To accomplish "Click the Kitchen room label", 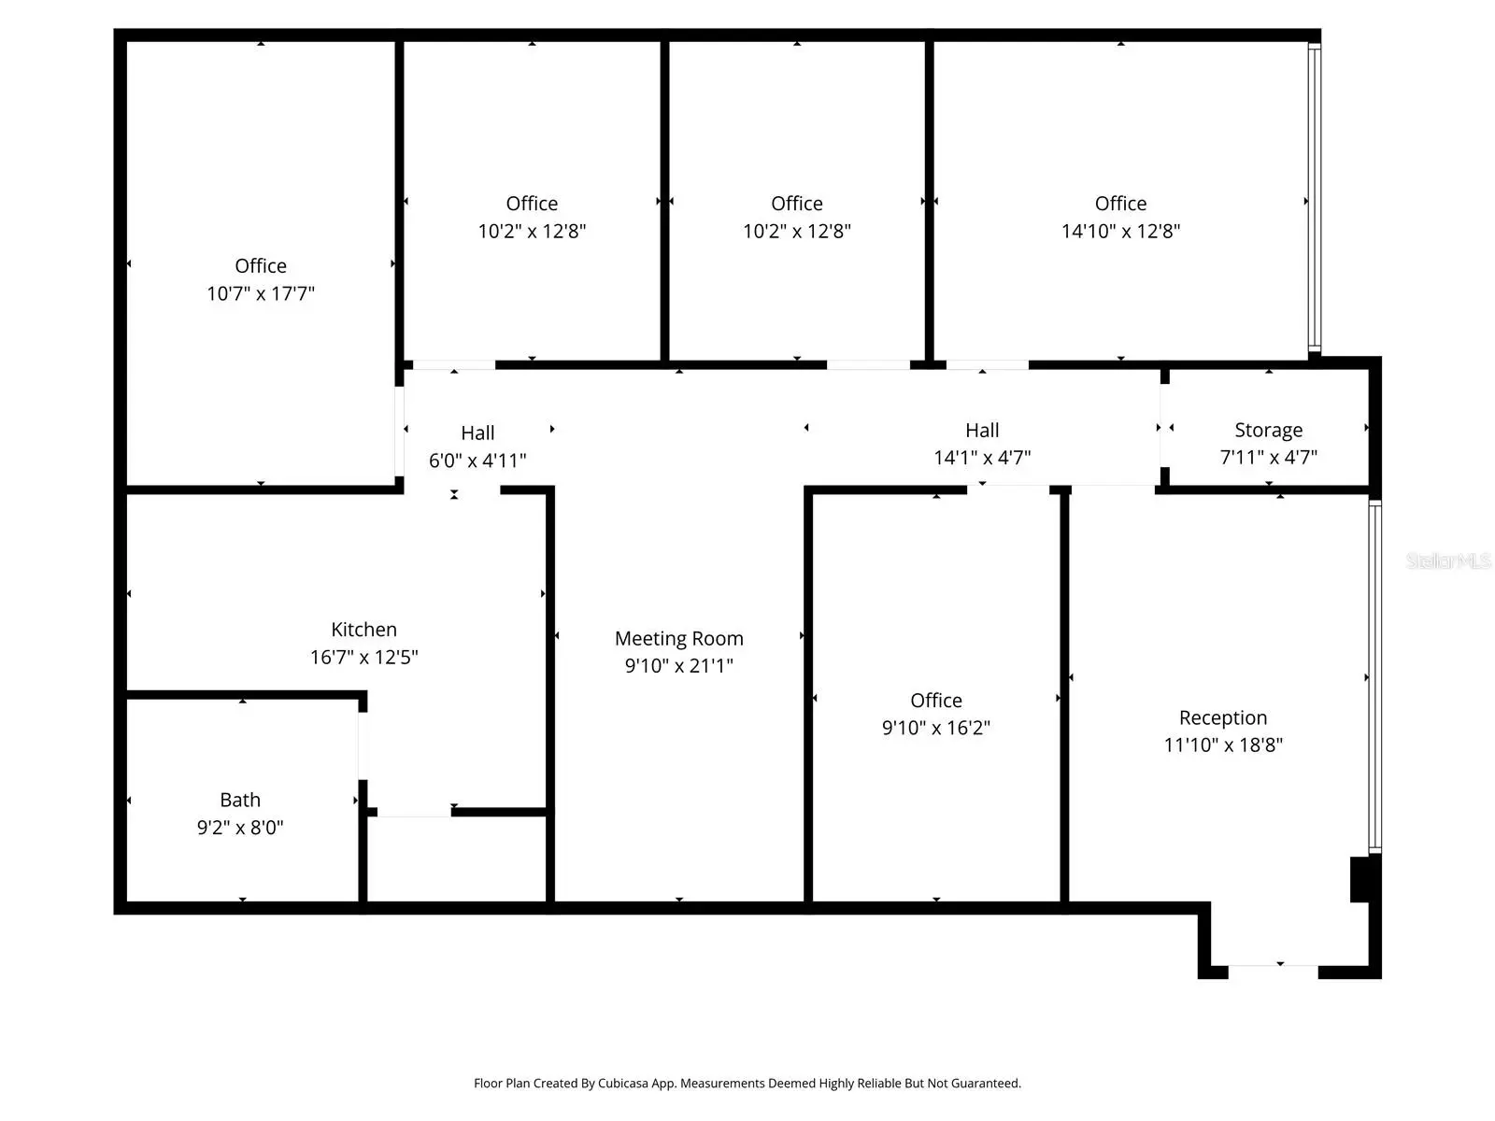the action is [363, 629].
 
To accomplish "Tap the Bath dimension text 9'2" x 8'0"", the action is [240, 827].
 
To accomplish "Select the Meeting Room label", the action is [679, 638].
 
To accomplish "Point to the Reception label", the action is [1223, 718].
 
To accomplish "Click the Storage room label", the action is [1268, 430].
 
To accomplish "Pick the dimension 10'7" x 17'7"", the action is [260, 293].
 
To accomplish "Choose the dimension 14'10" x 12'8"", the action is [1120, 231].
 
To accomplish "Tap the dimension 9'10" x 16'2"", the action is [936, 728].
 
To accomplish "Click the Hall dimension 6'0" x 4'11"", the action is [477, 461].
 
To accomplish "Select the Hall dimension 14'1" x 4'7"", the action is [982, 458].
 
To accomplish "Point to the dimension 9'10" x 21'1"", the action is [679, 666].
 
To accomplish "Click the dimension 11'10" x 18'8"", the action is [1223, 745].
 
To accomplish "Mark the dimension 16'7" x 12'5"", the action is [363, 657].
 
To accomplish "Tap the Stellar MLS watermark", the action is [1448, 560].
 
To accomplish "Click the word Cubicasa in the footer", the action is [622, 1083].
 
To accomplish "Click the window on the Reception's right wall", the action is [1375, 677].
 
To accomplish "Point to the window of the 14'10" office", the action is [1315, 197].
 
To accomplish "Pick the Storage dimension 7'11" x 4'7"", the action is [1268, 458].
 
